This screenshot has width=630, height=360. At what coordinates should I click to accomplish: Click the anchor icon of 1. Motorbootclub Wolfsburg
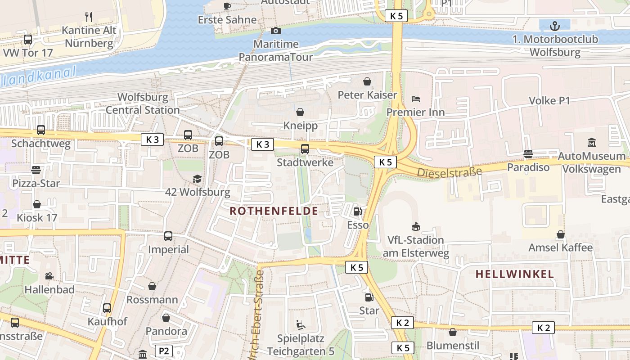[x=555, y=25]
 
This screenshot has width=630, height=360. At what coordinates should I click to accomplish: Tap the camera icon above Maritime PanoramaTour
[x=275, y=31]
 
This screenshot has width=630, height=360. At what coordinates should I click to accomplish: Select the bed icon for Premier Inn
[x=415, y=99]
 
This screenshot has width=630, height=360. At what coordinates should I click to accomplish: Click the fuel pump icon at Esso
[x=357, y=211]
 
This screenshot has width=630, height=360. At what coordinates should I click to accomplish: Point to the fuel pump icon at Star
[x=369, y=297]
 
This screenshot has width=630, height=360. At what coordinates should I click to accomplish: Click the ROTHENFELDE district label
[x=274, y=211]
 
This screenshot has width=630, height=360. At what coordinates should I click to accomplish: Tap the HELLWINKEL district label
[x=514, y=274]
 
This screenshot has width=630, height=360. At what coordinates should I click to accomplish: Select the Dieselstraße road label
[x=449, y=172]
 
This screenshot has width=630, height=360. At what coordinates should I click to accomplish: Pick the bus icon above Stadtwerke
[x=305, y=148]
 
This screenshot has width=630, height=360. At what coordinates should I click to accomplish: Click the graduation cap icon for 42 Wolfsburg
[x=198, y=179]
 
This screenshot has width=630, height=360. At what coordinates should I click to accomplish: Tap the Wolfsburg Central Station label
[x=143, y=103]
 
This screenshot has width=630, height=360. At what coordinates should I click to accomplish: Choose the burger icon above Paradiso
[x=528, y=154]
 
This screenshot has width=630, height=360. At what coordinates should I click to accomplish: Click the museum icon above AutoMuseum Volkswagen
[x=592, y=143]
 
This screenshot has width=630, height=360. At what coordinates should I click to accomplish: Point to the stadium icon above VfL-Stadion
[x=415, y=226]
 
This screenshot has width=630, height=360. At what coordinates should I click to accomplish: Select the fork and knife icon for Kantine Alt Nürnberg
[x=89, y=17]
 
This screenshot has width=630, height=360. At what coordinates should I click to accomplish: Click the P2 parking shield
[x=164, y=351]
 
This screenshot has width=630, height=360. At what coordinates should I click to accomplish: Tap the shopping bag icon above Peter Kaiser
[x=367, y=81]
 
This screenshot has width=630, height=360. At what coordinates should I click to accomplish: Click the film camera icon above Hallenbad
[x=49, y=276]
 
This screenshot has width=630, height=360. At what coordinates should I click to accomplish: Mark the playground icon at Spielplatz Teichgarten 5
[x=300, y=324]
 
